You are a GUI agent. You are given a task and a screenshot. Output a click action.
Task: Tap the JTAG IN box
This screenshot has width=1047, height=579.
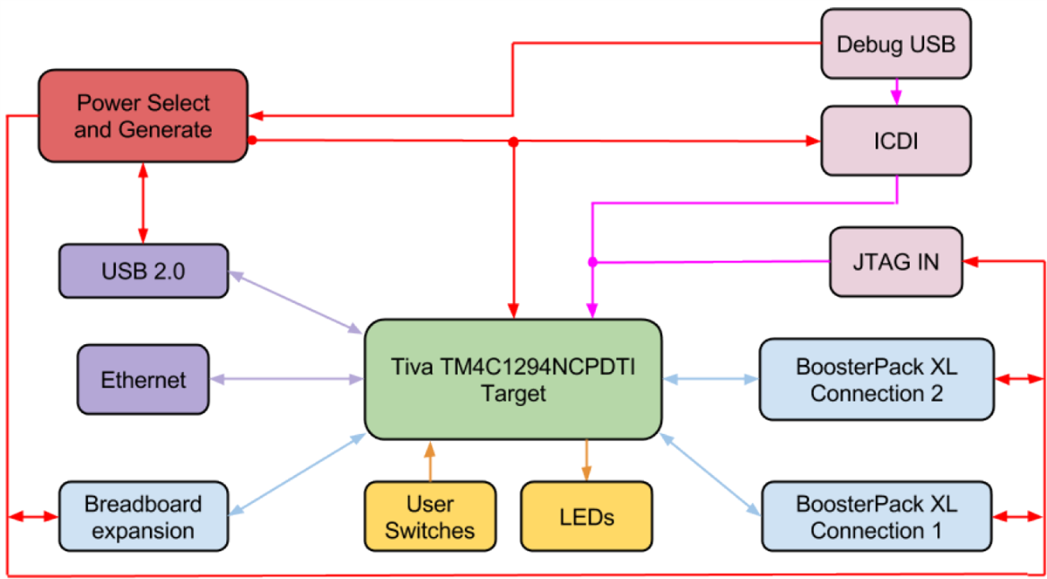pyautogui.click(x=895, y=260)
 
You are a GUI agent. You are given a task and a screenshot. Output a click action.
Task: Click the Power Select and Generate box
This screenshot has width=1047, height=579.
pyautogui.click(x=143, y=116)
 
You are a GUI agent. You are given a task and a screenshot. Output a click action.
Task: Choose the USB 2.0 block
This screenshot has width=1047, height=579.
pyautogui.click(x=143, y=272)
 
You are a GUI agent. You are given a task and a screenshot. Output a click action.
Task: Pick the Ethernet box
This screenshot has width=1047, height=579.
pyautogui.click(x=143, y=380)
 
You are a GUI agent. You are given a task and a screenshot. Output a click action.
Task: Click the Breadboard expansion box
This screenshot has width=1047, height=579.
pyautogui.click(x=143, y=516)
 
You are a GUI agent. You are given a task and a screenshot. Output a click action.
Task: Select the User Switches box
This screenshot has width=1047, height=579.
pyautogui.click(x=430, y=516)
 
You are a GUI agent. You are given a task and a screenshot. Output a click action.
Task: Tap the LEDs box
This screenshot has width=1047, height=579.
pyautogui.click(x=586, y=516)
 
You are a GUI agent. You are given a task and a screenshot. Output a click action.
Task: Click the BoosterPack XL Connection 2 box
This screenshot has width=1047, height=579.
pyautogui.click(x=876, y=381)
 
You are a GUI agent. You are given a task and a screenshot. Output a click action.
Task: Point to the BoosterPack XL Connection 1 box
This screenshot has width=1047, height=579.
pyautogui.click(x=876, y=516)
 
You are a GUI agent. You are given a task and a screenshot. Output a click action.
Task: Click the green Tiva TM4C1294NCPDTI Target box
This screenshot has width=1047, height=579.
pyautogui.click(x=513, y=380)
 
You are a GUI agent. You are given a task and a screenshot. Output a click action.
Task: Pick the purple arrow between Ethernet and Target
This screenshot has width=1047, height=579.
pyautogui.click(x=286, y=380)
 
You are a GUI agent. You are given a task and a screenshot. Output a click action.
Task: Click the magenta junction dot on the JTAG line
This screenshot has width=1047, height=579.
pyautogui.click(x=592, y=261)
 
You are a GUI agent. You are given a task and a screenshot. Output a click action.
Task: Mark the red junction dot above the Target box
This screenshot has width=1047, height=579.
pyautogui.click(x=514, y=141)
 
